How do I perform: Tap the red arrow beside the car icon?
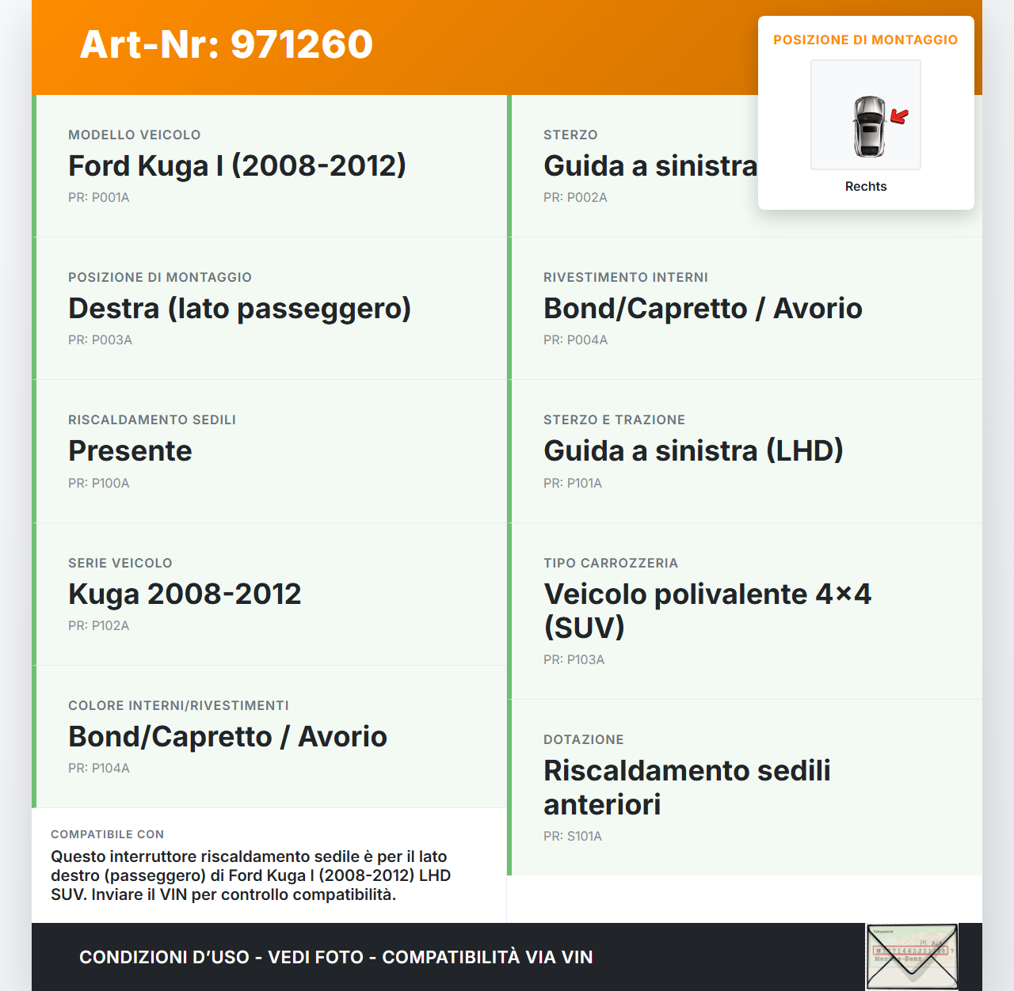[899, 117]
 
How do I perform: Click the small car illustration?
[869, 126]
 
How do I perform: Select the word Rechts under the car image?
[866, 187]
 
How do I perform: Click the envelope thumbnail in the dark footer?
[912, 956]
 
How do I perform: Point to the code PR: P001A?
[98, 198]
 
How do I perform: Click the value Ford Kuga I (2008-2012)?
[237, 166]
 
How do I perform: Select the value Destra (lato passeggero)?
[239, 309]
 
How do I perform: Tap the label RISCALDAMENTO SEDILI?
[152, 420]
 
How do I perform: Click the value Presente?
[130, 451]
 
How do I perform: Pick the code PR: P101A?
[572, 484]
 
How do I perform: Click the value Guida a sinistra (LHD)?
[693, 451]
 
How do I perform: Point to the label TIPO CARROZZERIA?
[610, 564]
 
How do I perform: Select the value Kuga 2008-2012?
[185, 594]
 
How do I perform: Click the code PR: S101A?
[572, 837]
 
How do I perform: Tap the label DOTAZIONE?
[583, 740]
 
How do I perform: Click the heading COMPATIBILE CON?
[107, 834]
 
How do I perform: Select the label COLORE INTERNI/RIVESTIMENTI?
[178, 706]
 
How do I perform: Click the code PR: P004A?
[575, 340]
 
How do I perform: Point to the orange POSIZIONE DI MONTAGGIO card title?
[865, 40]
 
